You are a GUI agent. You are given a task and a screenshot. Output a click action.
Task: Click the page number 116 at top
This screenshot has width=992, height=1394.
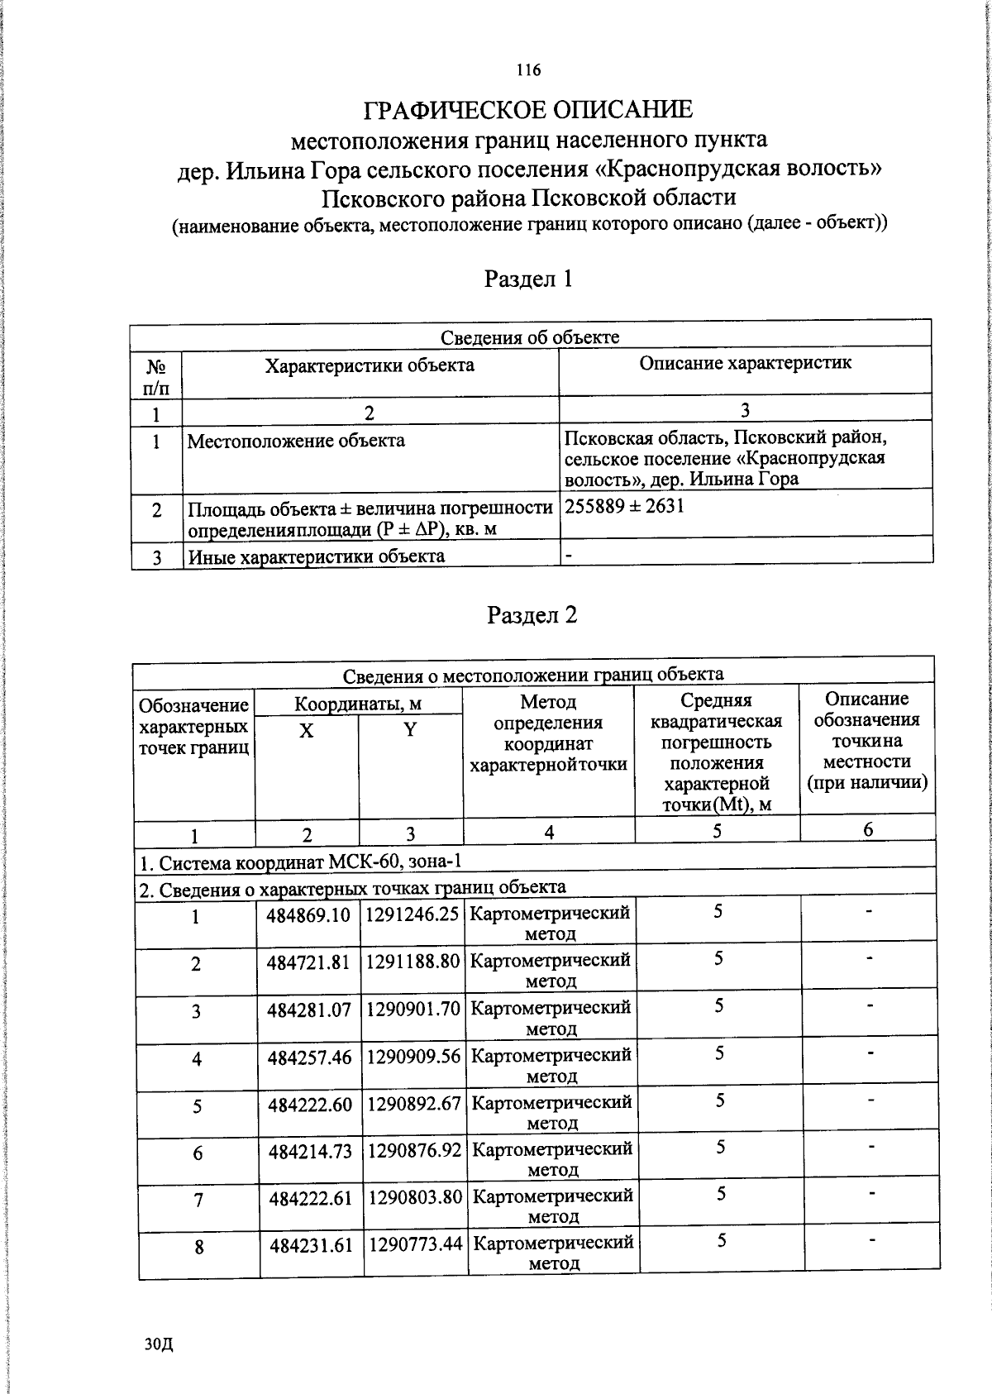point(528,70)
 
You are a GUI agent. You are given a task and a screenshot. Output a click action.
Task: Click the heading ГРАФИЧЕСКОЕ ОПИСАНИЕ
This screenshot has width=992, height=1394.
point(529,110)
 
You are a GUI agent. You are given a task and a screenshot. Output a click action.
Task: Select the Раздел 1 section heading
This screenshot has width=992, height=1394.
point(528,279)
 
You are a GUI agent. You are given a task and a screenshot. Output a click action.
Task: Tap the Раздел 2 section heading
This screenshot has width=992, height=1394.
point(532,615)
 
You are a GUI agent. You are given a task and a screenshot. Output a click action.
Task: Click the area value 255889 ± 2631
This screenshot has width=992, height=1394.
point(624,506)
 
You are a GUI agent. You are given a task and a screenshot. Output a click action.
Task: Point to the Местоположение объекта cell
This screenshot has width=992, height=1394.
point(296,441)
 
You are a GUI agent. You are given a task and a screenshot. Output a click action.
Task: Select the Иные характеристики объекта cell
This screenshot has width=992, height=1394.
point(316,556)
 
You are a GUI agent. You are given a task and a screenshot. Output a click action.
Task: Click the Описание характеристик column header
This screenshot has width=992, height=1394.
point(745,363)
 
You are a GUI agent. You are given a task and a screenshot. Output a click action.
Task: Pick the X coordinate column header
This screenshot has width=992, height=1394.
point(306,731)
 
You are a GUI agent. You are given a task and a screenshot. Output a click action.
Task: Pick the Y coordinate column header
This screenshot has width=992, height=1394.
point(410,729)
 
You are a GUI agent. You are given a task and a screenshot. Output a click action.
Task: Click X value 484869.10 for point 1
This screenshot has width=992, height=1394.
point(308,915)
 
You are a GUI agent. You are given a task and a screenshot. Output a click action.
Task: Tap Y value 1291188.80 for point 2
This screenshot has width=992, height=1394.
point(413,962)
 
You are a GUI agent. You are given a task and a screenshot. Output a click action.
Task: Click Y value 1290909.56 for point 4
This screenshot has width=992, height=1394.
point(413,1057)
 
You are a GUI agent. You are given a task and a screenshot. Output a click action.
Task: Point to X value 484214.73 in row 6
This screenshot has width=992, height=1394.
point(310,1151)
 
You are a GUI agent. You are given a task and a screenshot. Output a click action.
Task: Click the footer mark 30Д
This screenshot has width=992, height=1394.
point(158,1344)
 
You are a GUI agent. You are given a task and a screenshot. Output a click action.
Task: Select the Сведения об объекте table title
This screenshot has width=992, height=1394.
point(529,337)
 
